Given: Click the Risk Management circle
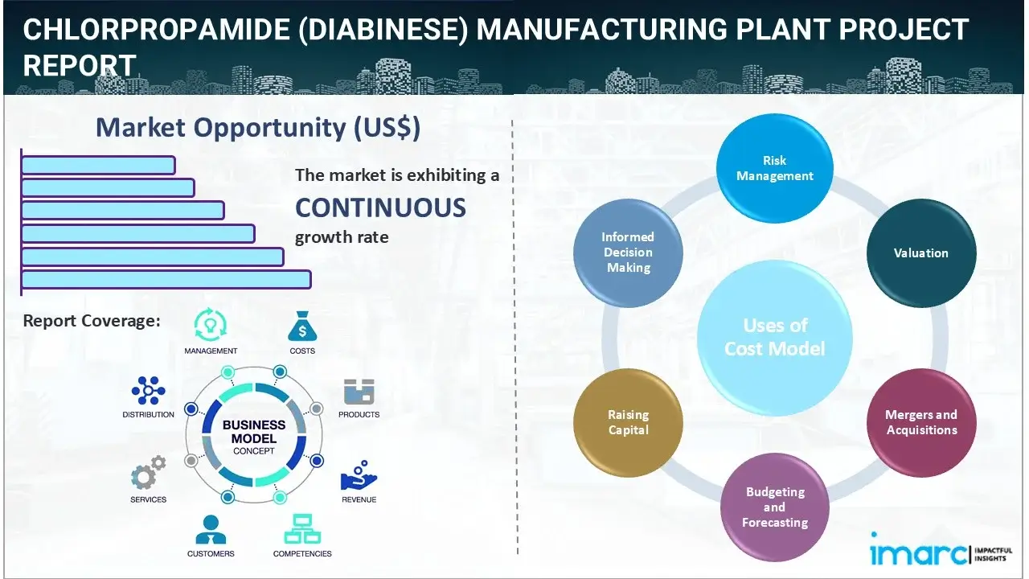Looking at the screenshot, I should click(x=774, y=168).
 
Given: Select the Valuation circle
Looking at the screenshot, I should click(x=920, y=253).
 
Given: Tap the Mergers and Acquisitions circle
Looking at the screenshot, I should click(x=920, y=422).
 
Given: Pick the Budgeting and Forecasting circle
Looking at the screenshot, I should click(x=774, y=507).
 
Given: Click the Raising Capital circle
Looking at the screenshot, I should click(x=628, y=422).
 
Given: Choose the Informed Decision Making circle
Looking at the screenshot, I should click(x=628, y=253).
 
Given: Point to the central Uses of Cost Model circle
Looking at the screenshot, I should click(x=774, y=337).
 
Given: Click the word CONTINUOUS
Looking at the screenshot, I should click(x=380, y=207).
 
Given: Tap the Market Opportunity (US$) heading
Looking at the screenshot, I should click(x=257, y=128).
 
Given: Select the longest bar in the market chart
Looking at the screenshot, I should click(x=166, y=279).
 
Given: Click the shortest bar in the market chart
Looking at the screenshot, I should click(x=98, y=165).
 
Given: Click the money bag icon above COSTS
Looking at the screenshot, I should click(x=301, y=327).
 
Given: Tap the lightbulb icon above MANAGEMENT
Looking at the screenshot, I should click(x=211, y=326).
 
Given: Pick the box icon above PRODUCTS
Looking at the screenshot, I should click(x=359, y=392).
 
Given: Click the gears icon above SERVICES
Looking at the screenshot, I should click(x=148, y=475).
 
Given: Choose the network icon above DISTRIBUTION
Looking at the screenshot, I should click(x=148, y=391).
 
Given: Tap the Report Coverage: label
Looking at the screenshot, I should click(x=92, y=321).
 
